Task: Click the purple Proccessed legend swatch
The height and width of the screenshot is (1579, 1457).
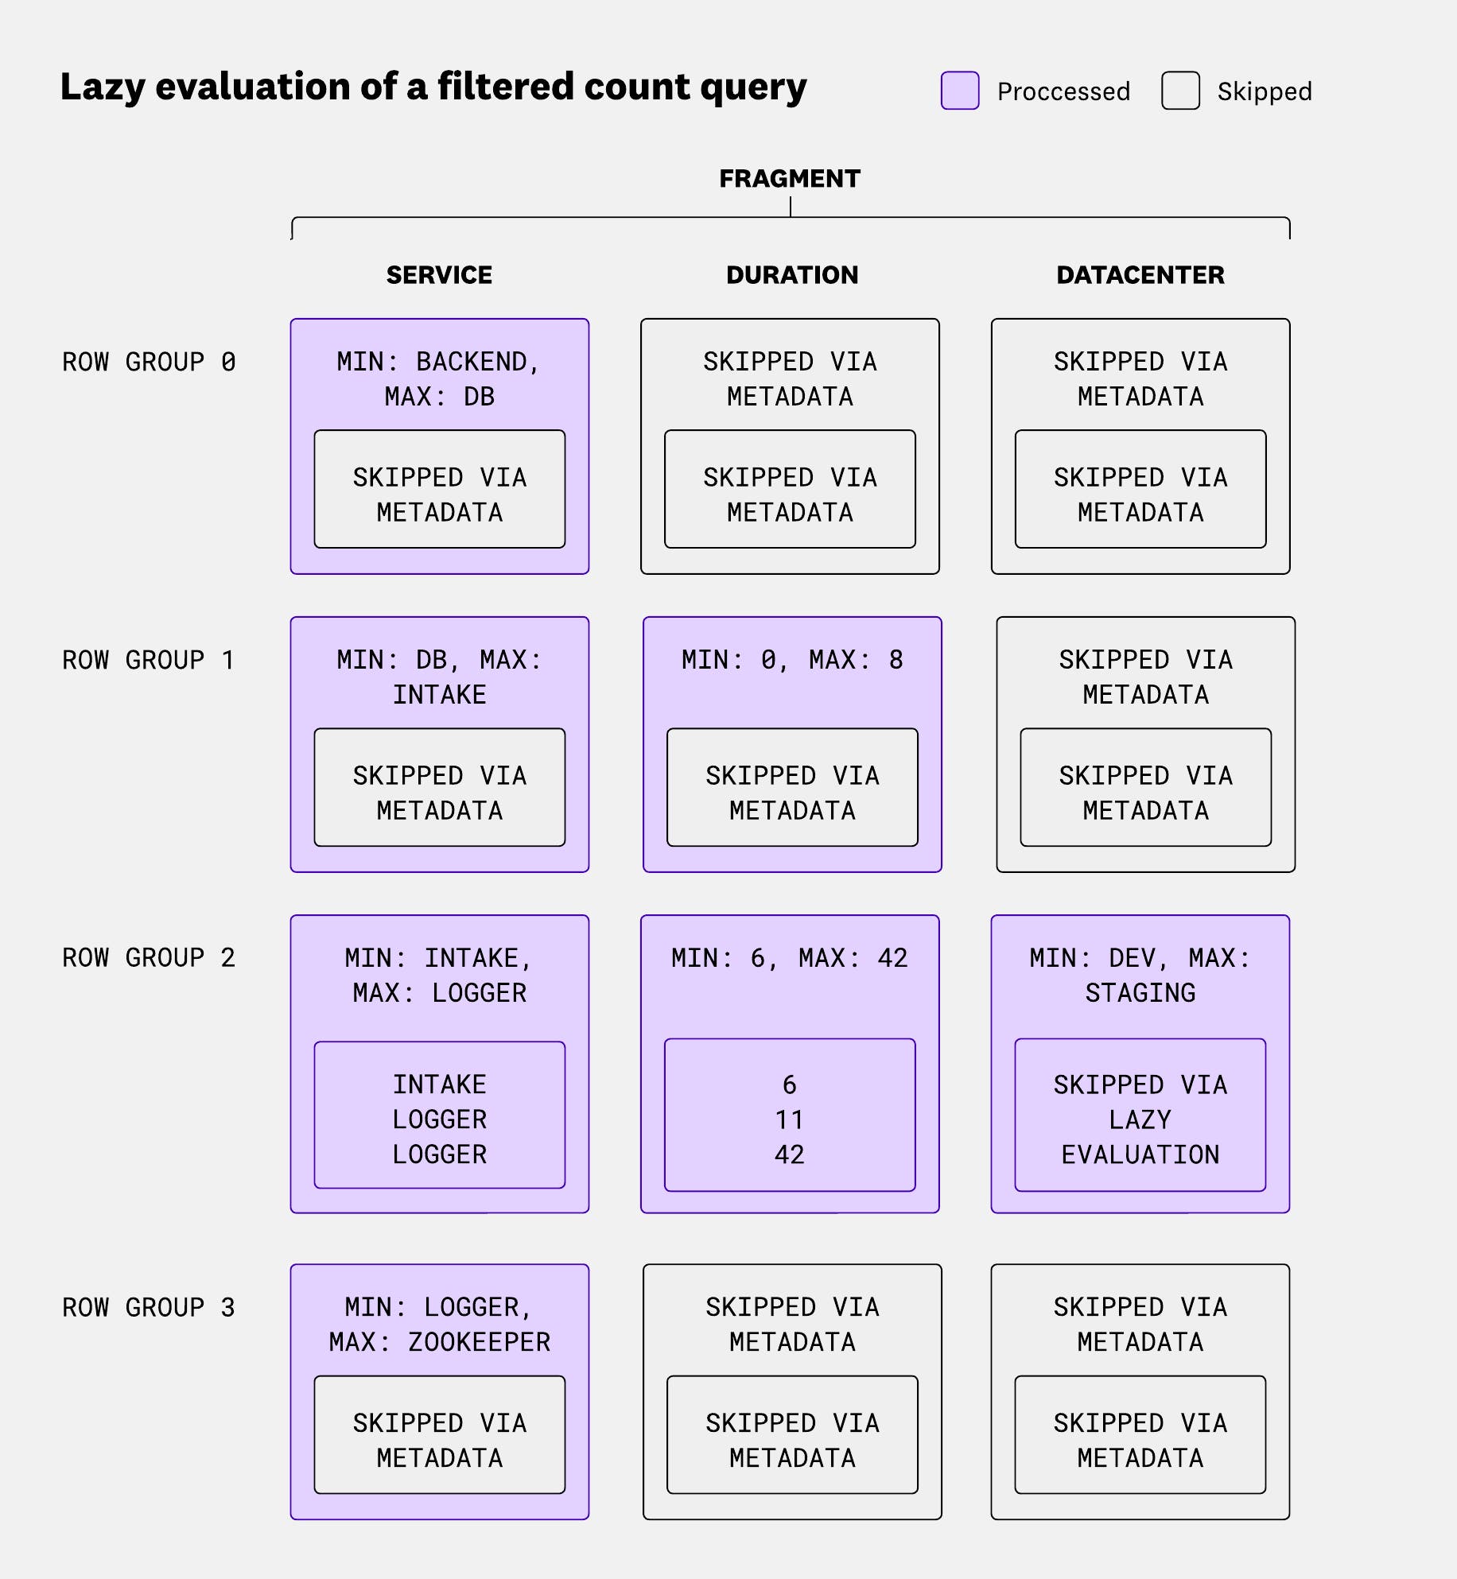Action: pyautogui.click(x=959, y=91)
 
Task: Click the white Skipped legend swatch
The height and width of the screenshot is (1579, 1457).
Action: pyautogui.click(x=1180, y=91)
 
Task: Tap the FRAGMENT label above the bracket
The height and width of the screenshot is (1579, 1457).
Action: pyautogui.click(x=789, y=178)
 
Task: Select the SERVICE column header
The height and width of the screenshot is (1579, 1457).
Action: pyautogui.click(x=439, y=275)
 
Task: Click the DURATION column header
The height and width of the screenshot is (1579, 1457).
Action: pyautogui.click(x=791, y=275)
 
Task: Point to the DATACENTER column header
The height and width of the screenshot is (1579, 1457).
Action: pyautogui.click(x=1140, y=275)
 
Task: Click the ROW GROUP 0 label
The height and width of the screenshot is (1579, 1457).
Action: pyautogui.click(x=149, y=363)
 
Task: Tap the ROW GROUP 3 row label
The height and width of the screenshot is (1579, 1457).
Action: pyautogui.click(x=149, y=1308)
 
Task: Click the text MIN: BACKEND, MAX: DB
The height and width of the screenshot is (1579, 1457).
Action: pyautogui.click(x=439, y=379)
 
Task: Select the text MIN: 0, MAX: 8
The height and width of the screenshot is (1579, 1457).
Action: pyautogui.click(x=792, y=660)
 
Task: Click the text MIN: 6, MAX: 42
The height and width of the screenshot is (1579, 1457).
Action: pyautogui.click(x=789, y=958)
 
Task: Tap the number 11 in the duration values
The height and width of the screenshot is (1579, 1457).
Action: pyautogui.click(x=789, y=1120)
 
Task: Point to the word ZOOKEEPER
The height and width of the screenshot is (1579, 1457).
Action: pyautogui.click(x=479, y=1343)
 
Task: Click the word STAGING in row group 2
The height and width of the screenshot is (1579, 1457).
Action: pyautogui.click(x=1140, y=994)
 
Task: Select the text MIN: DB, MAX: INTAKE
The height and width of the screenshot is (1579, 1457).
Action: pyautogui.click(x=439, y=677)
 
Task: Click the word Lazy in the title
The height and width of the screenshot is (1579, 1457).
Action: pyautogui.click(x=103, y=87)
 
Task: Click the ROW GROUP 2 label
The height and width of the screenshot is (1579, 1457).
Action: pyautogui.click(x=149, y=958)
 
